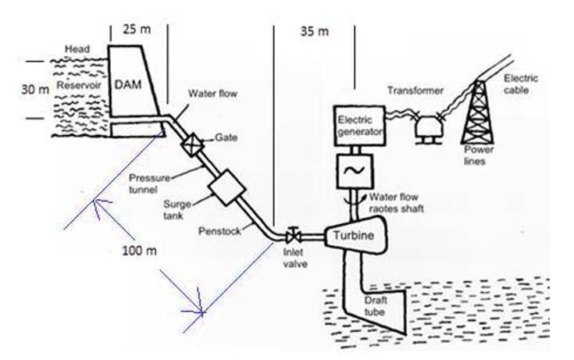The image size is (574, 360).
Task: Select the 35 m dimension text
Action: point(314,31)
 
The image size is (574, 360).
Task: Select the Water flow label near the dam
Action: point(208,94)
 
